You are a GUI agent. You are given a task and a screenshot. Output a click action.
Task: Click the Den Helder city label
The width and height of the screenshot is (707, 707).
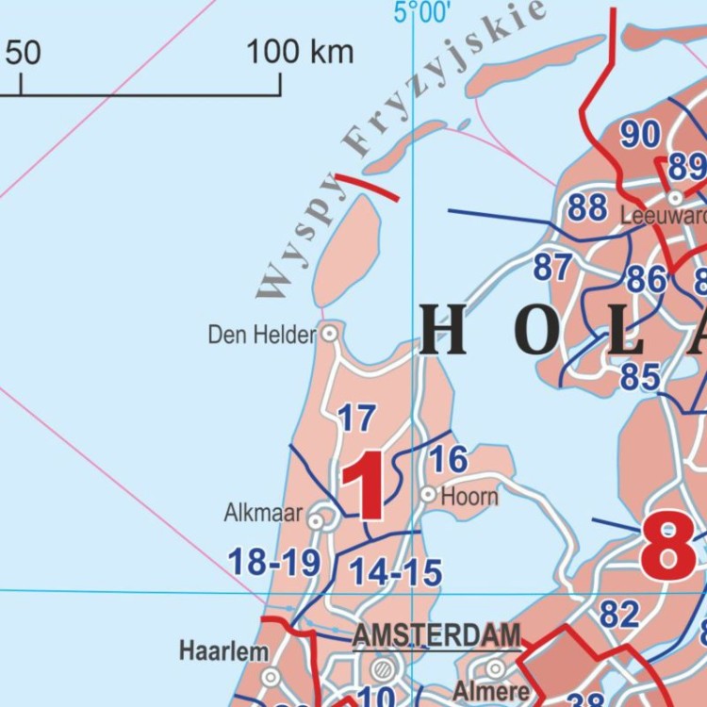pos(261,335)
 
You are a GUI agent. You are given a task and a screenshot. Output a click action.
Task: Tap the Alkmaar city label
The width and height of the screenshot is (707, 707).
pos(263,514)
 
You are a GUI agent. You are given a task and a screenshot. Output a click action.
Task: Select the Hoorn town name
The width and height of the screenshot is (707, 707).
pos(469,495)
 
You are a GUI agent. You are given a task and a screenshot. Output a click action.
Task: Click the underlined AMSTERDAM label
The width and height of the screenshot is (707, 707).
pos(436,635)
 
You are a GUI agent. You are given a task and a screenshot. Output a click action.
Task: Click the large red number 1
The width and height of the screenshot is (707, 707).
pos(364,485)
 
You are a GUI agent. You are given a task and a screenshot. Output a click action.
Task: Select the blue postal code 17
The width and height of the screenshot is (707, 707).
pos(356,418)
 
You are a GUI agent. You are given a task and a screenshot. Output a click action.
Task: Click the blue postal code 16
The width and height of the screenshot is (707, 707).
pos(449,459)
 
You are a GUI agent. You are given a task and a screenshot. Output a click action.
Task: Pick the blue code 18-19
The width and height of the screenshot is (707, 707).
pos(274,563)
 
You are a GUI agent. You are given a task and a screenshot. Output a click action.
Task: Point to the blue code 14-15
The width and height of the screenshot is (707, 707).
pos(395,572)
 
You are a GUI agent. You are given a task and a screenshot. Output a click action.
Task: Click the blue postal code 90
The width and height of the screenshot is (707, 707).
pos(640,135)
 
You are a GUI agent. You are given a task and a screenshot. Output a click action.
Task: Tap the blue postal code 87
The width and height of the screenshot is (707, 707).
pos(552,268)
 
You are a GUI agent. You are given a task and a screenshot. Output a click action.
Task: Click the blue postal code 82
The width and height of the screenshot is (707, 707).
pos(619,615)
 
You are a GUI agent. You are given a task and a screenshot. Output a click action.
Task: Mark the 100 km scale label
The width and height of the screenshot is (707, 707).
pos(300,52)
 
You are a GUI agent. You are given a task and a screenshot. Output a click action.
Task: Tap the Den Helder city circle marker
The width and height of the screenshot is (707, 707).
pos(330,334)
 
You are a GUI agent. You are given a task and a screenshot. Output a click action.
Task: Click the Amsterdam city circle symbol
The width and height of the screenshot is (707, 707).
pos(382,670)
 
